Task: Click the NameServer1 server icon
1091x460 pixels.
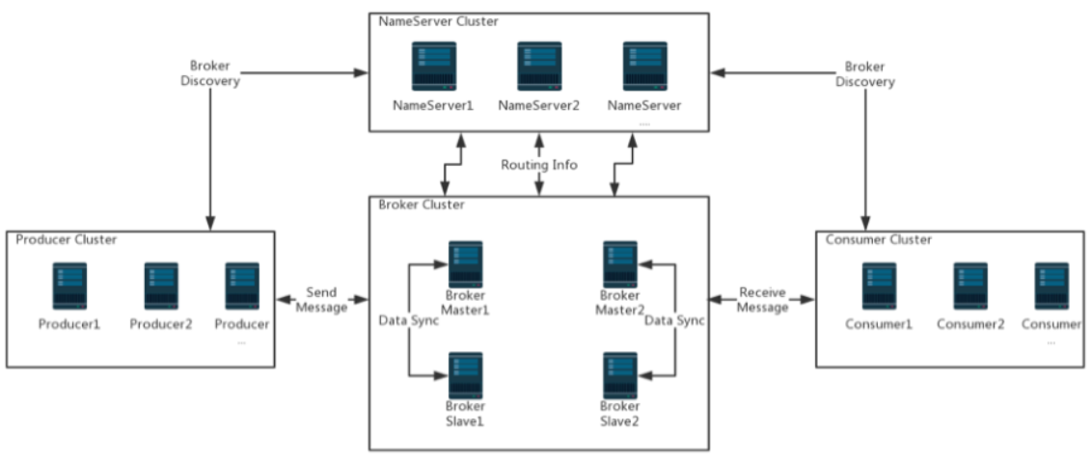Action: click(x=433, y=67)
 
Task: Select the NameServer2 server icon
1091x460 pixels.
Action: click(x=539, y=67)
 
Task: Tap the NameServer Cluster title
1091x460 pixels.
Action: click(x=438, y=21)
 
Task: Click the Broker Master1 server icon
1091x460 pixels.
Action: click(x=466, y=265)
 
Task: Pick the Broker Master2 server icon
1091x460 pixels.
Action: click(x=620, y=265)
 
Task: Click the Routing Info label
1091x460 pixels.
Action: click(x=539, y=166)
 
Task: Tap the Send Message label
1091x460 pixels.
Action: click(x=321, y=299)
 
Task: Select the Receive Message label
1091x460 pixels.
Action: click(x=763, y=299)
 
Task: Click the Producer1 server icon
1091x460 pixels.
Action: click(x=69, y=286)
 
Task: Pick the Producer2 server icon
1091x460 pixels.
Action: click(x=161, y=286)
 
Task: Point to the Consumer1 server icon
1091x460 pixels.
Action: click(x=880, y=286)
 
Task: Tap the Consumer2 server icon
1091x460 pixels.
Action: click(x=970, y=286)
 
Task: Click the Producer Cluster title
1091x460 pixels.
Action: click(x=67, y=240)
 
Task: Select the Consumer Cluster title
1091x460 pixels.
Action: click(x=878, y=240)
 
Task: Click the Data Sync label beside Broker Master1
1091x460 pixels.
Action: click(x=408, y=321)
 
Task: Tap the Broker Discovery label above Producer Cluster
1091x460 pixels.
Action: click(x=210, y=73)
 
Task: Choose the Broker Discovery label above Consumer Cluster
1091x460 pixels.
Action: click(x=865, y=73)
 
